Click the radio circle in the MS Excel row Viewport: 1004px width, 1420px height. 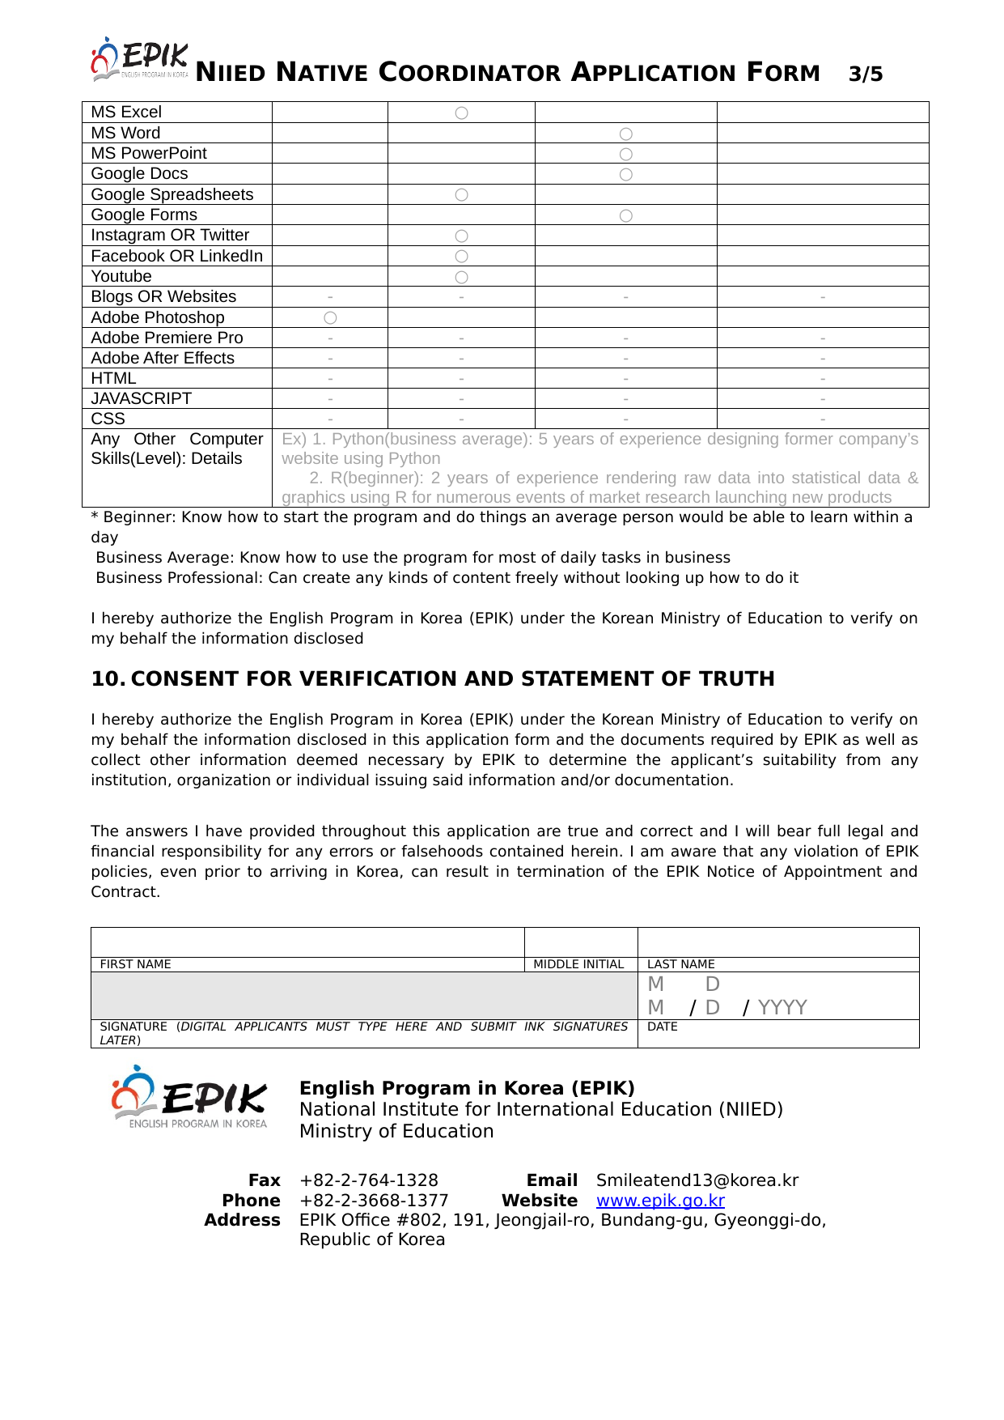(x=461, y=113)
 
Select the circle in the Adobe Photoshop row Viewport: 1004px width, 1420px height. (x=330, y=318)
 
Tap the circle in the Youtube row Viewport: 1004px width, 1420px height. (x=461, y=278)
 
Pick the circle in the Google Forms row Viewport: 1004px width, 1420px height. (x=625, y=216)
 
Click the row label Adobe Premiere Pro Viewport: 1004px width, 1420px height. (x=167, y=338)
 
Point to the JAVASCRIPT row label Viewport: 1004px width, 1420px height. (x=141, y=398)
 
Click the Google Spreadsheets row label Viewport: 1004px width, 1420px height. (x=172, y=194)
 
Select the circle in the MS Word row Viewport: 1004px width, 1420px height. (x=625, y=134)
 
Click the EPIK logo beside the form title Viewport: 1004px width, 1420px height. (x=139, y=60)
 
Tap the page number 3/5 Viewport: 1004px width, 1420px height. (x=866, y=74)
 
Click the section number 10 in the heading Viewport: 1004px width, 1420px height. (x=107, y=678)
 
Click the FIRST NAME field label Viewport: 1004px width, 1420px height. (x=135, y=964)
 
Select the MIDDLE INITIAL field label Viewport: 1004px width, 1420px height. (x=578, y=964)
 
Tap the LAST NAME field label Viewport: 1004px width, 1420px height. (x=680, y=964)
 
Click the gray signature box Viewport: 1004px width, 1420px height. (x=364, y=995)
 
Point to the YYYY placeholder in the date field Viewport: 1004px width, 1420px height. (x=782, y=1007)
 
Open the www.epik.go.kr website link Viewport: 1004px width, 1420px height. (x=660, y=1201)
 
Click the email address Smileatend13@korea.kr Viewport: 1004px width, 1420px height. (x=697, y=1180)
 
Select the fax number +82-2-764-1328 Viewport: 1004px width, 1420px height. (x=369, y=1180)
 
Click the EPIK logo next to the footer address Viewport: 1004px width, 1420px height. (x=189, y=1097)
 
